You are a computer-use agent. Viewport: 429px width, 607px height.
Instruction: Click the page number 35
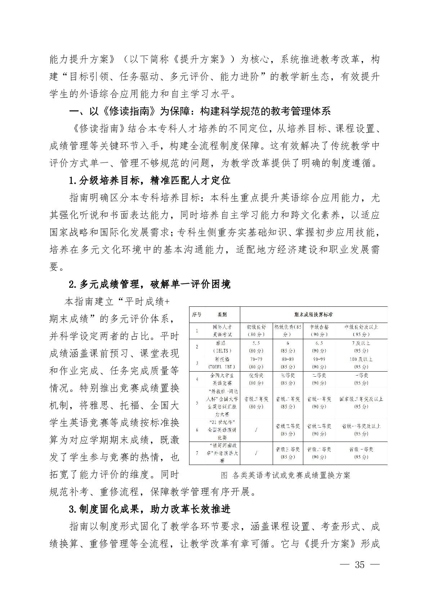pos(359,564)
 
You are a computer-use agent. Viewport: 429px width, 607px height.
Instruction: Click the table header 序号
pos(197,315)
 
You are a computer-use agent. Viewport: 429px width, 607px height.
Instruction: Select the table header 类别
pos(222,315)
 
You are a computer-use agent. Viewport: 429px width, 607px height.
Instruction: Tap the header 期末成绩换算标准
pos(313,315)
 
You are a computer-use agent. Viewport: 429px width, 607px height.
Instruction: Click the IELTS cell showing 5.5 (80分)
pos(256,347)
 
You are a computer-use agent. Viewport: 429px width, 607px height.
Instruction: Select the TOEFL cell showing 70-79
pos(256,359)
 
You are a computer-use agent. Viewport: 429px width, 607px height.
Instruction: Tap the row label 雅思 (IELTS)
pos(222,347)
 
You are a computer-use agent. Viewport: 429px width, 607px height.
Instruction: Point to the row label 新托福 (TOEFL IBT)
pos(222,363)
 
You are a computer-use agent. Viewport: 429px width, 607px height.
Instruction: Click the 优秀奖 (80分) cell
pos(256,379)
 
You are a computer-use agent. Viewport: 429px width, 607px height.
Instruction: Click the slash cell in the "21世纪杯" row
pos(256,430)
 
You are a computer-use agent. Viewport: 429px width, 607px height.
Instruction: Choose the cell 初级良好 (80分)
pos(256,331)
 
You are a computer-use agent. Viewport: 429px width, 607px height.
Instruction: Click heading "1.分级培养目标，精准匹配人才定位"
pos(150,180)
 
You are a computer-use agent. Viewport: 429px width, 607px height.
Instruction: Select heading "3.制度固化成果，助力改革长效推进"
pos(150,509)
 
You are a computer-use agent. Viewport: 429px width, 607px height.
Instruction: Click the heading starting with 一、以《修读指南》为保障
pos(200,111)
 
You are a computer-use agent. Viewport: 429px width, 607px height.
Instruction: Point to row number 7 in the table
pos(197,453)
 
